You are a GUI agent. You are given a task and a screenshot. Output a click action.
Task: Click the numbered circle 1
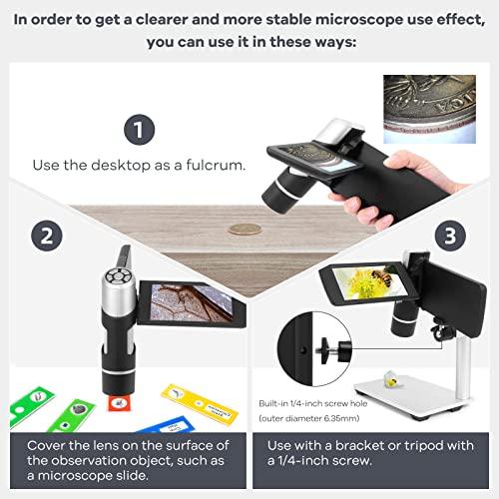139,131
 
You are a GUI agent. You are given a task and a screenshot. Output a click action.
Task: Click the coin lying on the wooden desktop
243,229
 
